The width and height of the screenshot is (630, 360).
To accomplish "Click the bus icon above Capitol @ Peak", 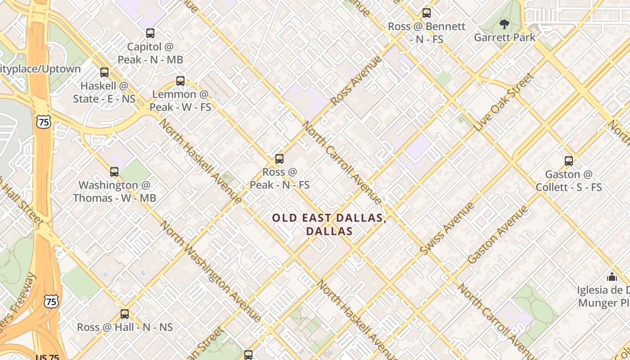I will [150, 33].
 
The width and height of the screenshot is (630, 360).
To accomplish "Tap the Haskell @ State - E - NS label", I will [104, 92].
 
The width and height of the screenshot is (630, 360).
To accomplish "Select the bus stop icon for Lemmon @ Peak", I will [180, 81].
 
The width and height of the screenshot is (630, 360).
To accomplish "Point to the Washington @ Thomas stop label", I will [114, 191].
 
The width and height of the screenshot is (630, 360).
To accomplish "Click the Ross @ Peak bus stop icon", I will [279, 159].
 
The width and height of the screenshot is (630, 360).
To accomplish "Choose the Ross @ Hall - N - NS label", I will [125, 327].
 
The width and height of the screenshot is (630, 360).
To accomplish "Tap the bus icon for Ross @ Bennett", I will [426, 13].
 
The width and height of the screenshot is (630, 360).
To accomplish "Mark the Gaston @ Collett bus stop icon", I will [569, 161].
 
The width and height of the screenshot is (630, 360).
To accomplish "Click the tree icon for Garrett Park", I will [504, 24].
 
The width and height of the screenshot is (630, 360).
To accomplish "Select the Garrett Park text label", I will [504, 37].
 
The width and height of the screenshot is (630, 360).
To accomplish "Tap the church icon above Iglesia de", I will [612, 277].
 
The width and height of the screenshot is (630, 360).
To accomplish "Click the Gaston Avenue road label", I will [497, 235].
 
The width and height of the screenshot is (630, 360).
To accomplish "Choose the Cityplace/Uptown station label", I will [40, 69].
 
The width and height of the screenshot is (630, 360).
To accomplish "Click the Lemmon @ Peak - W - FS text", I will [180, 101].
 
